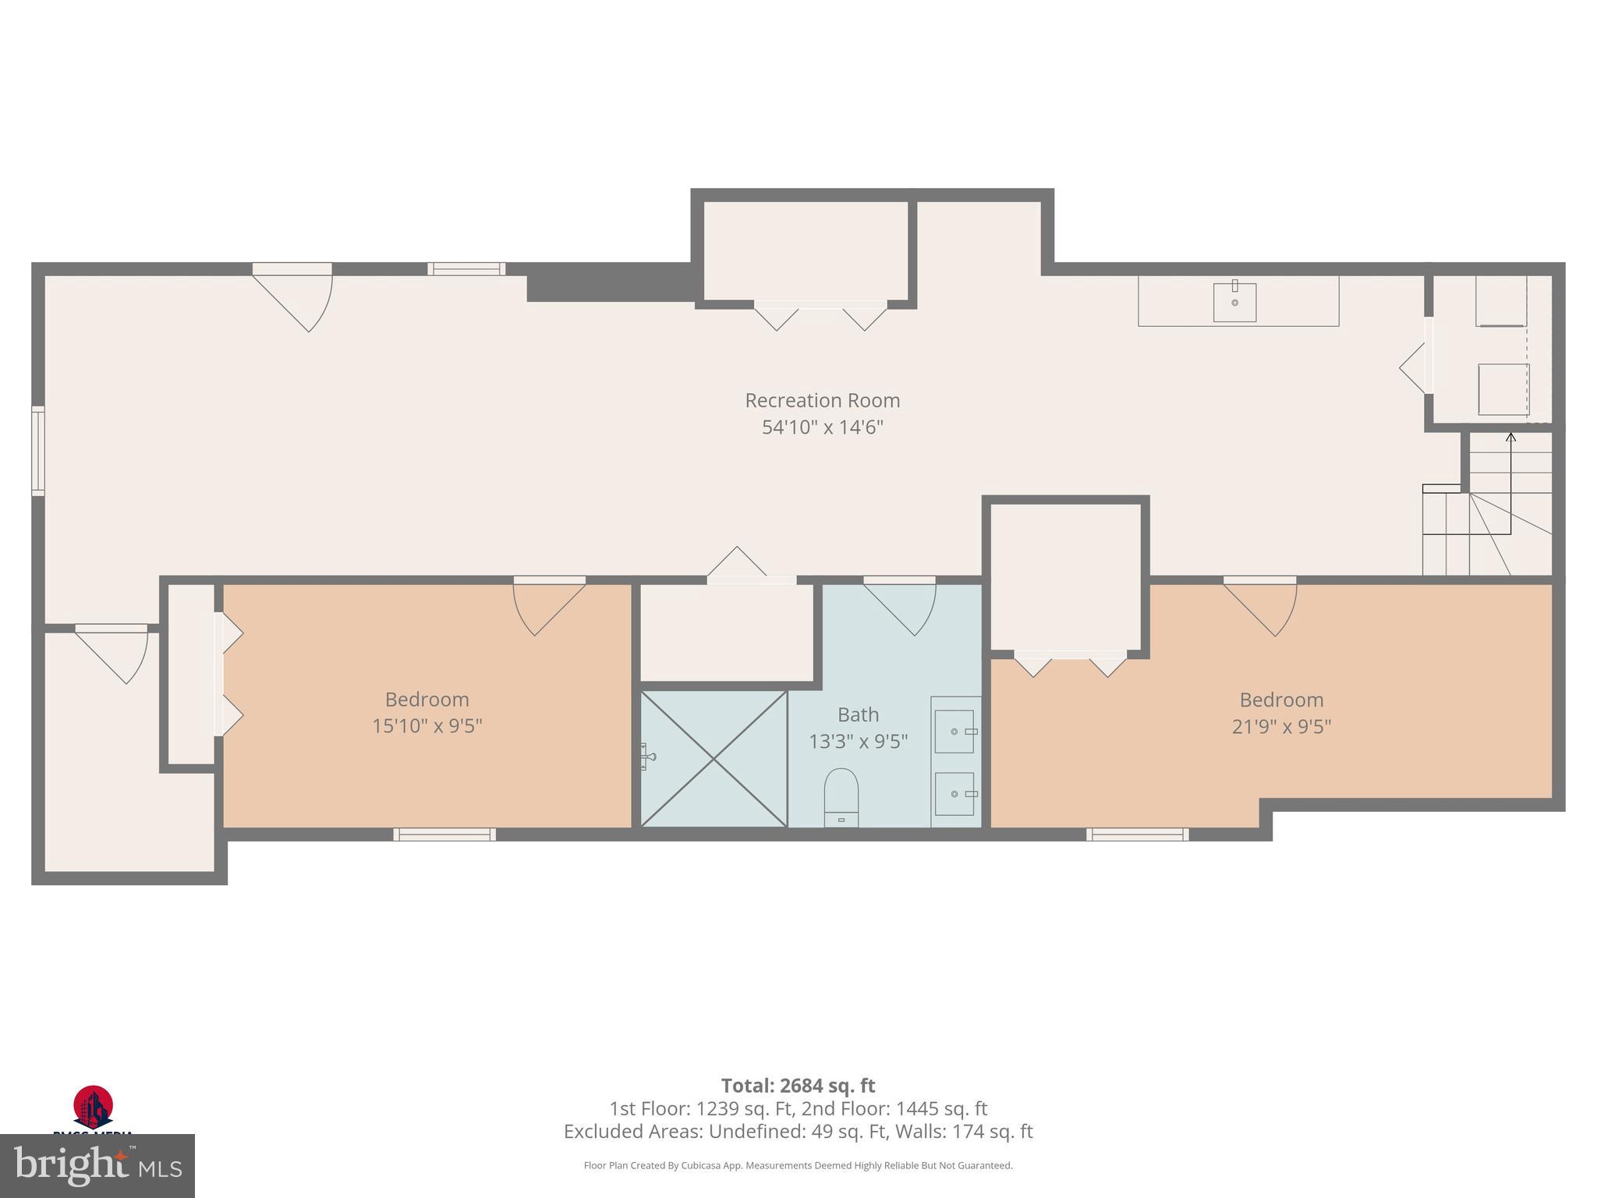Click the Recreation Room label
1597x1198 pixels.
click(x=822, y=400)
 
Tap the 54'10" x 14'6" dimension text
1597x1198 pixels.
click(x=822, y=427)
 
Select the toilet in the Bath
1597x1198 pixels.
click(x=841, y=796)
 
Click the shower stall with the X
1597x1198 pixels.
click(x=714, y=758)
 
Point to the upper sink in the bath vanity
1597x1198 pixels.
click(x=954, y=732)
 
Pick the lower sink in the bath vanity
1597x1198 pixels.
click(x=954, y=794)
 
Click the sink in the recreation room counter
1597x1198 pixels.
click(x=1234, y=302)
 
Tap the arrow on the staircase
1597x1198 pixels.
click(x=1510, y=438)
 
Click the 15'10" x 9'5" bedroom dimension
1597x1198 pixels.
click(x=427, y=726)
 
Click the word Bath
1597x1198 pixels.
click(x=858, y=714)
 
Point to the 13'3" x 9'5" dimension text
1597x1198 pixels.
click(x=858, y=742)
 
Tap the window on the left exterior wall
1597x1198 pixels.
click(x=37, y=450)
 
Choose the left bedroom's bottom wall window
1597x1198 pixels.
click(x=444, y=835)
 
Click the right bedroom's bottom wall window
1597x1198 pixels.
click(x=1138, y=835)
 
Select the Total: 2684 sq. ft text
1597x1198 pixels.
click(x=798, y=1086)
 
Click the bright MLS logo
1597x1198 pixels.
click(x=97, y=1165)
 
